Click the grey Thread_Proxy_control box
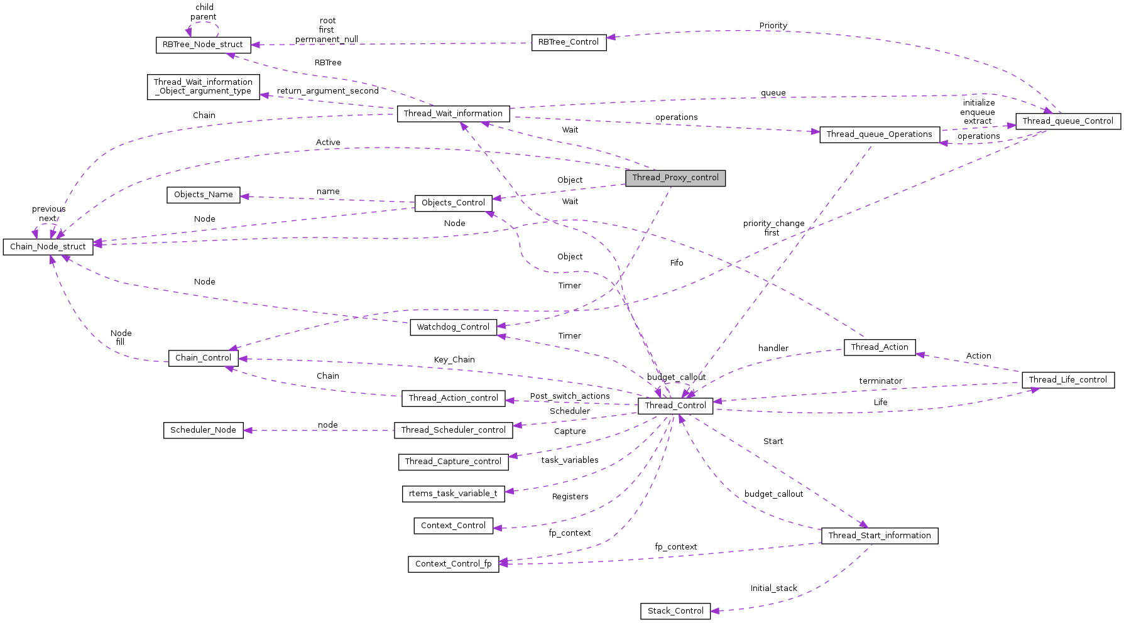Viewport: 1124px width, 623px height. [x=675, y=178]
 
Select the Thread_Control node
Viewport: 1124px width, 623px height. [x=675, y=406]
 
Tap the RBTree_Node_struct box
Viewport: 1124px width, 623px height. [x=202, y=45]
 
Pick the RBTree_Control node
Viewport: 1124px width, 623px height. [x=569, y=42]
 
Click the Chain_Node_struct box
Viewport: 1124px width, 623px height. [x=48, y=247]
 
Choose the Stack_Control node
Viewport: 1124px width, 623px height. [x=675, y=611]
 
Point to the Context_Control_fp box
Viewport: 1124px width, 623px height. [x=453, y=564]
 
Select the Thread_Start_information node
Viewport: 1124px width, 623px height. [x=879, y=536]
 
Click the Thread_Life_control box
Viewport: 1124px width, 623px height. [x=1067, y=380]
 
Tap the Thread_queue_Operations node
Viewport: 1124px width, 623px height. [x=879, y=134]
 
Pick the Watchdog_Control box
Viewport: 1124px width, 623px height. [x=453, y=327]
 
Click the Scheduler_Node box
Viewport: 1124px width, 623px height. [x=203, y=430]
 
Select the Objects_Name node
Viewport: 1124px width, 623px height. [x=203, y=195]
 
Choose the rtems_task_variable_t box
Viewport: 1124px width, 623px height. [x=452, y=494]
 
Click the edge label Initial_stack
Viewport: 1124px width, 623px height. [x=773, y=588]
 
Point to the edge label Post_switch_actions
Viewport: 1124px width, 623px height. [x=569, y=396]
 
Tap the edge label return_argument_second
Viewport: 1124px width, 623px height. [x=327, y=91]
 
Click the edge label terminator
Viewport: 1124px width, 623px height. [x=880, y=381]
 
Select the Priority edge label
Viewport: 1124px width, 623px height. [x=773, y=26]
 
